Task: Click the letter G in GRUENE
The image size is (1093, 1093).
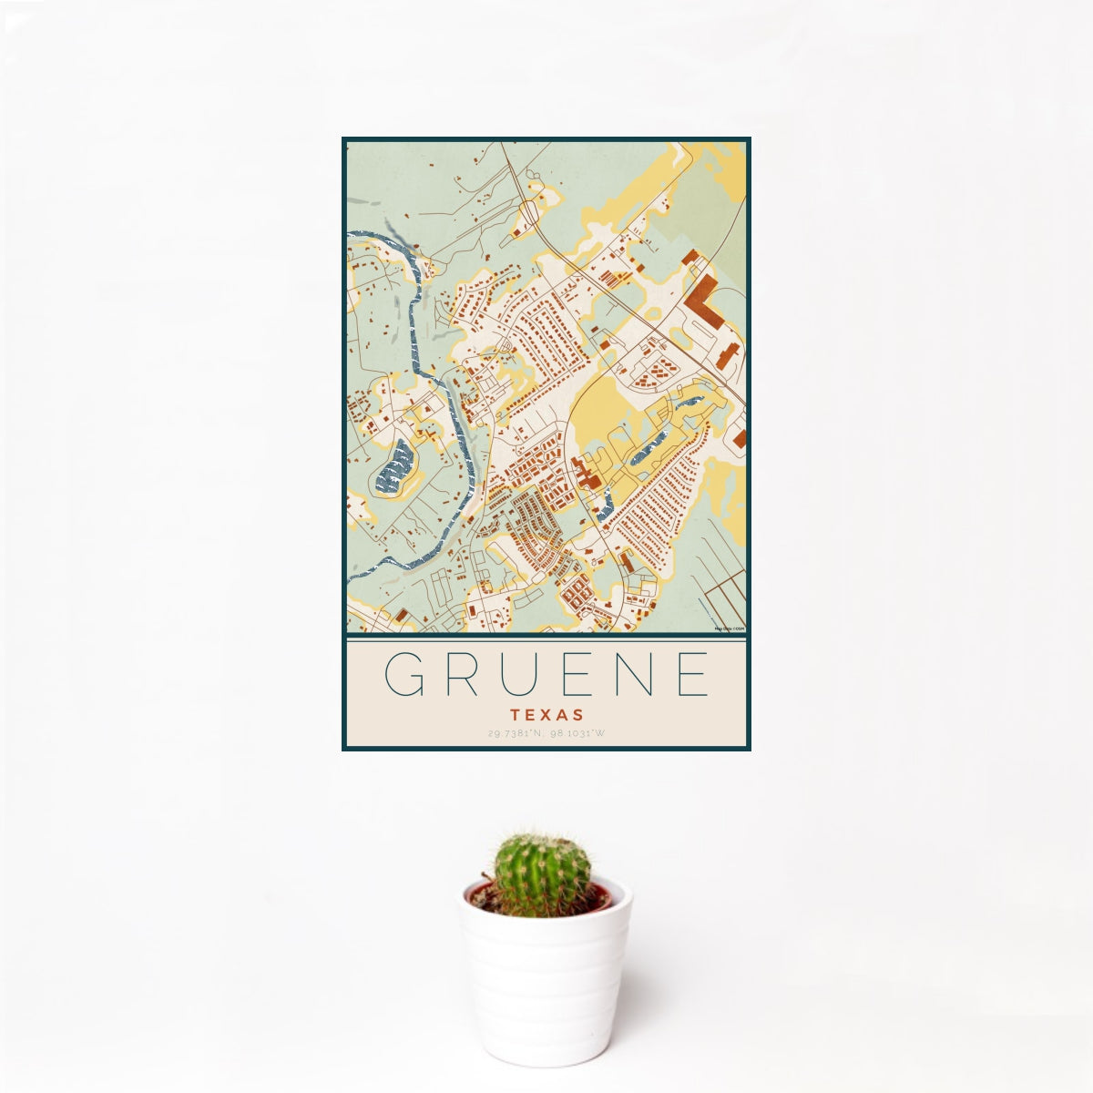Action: (x=403, y=674)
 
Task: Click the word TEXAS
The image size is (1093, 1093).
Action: (x=546, y=715)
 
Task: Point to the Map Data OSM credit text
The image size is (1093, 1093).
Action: (x=730, y=628)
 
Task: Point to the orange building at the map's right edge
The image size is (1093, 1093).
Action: (x=740, y=438)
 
